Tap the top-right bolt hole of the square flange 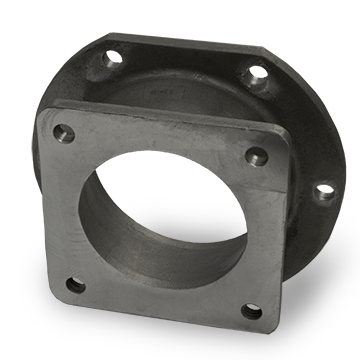click(x=256, y=155)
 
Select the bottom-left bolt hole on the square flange click(x=75, y=285)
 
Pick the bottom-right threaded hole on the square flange click(x=251, y=311)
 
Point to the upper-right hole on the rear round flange click(x=256, y=74)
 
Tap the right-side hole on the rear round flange click(x=325, y=189)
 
